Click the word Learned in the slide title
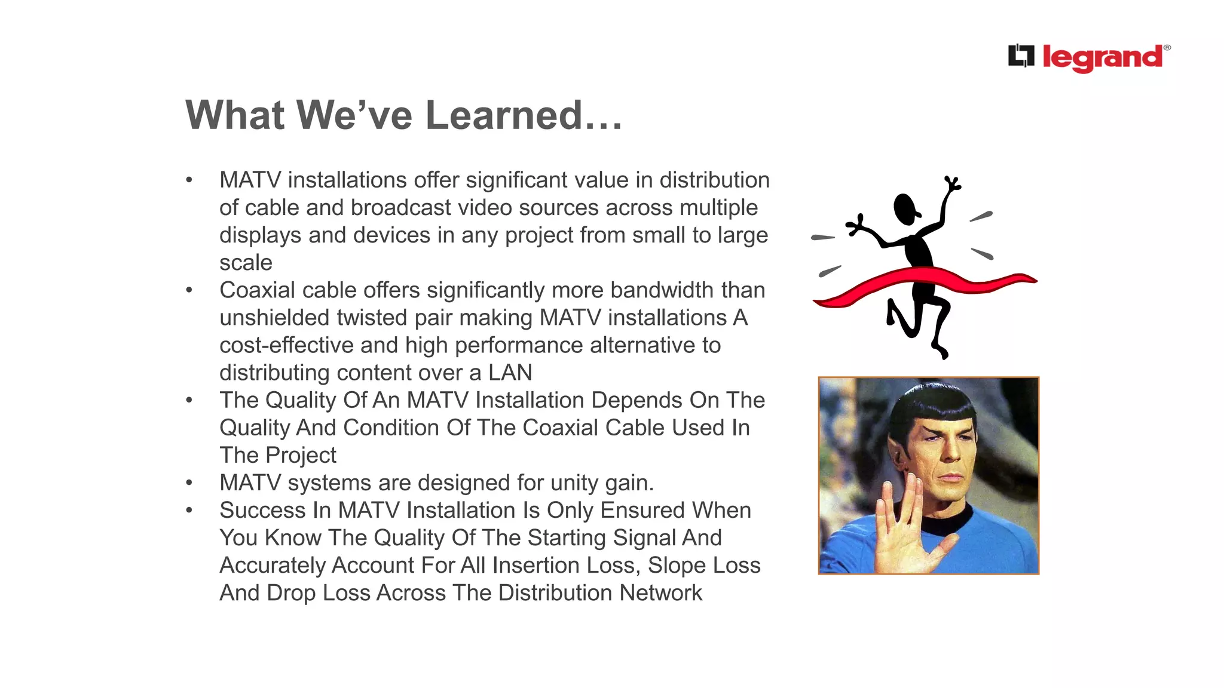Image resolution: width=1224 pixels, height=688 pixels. (504, 115)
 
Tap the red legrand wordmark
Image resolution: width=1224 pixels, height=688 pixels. (1103, 58)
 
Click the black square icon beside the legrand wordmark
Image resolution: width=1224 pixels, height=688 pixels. (1021, 56)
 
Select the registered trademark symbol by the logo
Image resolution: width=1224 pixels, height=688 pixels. (1167, 48)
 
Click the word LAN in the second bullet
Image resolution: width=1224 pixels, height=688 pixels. (510, 373)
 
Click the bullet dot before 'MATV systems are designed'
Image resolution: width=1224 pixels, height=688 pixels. (189, 483)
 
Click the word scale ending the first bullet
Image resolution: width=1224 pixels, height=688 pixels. (246, 263)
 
